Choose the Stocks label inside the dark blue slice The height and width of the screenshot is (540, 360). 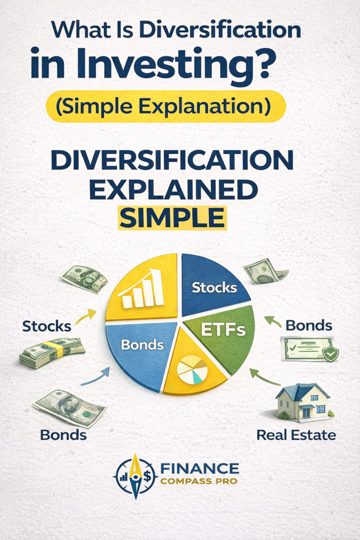214,287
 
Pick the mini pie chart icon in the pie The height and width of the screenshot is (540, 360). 192,370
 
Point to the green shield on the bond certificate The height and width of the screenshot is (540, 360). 330,354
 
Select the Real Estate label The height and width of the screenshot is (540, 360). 296,435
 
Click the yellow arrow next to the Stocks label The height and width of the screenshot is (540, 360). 85,316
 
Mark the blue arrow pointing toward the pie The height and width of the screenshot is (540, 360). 95,377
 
